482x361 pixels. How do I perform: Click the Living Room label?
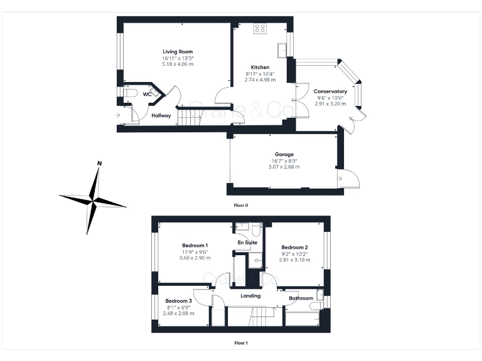click(178, 51)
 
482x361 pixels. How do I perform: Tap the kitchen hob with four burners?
click(260, 28)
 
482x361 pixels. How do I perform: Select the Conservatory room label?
click(331, 91)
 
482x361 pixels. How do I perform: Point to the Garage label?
click(284, 154)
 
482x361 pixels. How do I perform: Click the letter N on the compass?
click(99, 164)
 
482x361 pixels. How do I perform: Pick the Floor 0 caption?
click(240, 205)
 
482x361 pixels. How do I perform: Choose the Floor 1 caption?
click(241, 343)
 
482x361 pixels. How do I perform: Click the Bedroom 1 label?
click(195, 245)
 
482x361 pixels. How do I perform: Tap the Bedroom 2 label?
click(294, 247)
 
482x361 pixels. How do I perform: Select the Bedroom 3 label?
click(179, 301)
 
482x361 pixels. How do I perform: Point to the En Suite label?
click(246, 242)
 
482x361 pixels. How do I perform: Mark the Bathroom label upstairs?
click(301, 298)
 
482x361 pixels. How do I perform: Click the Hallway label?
click(161, 115)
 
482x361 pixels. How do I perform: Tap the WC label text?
click(147, 94)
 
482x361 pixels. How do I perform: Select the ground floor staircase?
click(191, 117)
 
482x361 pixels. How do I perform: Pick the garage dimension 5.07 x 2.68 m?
click(284, 167)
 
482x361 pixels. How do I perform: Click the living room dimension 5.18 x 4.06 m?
click(178, 64)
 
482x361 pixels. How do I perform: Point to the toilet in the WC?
click(129, 93)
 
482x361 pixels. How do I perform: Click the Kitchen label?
click(260, 67)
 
